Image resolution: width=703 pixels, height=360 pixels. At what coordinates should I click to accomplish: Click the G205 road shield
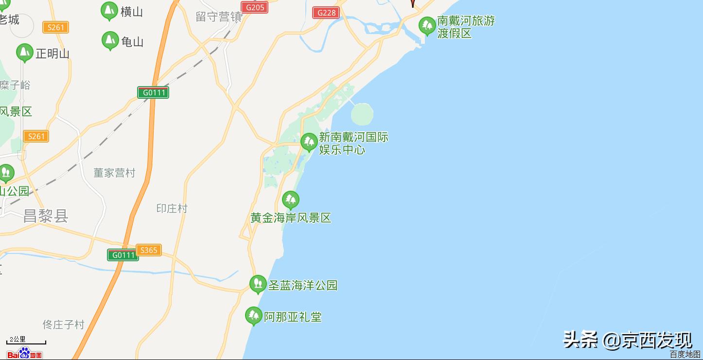coord(255,7)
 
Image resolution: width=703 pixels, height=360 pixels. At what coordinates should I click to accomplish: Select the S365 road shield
coord(148,250)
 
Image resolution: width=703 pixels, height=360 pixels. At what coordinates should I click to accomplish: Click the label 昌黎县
coord(46,216)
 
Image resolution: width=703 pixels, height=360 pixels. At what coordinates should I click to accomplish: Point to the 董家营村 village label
coord(114,173)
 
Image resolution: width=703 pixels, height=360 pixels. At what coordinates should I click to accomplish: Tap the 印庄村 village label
coord(172,208)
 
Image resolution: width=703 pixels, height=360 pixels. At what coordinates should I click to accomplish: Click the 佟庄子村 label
coord(63,324)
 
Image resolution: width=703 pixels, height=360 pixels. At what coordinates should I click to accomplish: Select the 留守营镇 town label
coord(219,17)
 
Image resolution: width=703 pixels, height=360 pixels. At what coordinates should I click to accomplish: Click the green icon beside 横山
coord(109,10)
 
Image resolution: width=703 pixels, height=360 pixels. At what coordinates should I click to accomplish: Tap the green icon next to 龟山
coord(110,40)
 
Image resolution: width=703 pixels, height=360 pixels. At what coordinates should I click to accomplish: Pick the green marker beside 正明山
coord(24,53)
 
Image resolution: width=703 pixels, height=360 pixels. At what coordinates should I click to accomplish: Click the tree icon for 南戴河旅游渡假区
coord(427,25)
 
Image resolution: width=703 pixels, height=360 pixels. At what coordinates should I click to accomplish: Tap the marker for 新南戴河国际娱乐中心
coord(309,142)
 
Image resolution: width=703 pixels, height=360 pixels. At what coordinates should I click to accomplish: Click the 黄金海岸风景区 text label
coord(291,217)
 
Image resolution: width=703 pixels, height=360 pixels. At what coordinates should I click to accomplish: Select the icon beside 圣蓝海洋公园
coord(258,284)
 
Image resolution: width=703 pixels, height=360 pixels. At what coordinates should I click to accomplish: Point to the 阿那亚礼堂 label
coord(293,317)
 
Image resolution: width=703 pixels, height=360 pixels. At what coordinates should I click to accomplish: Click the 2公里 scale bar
coord(26,341)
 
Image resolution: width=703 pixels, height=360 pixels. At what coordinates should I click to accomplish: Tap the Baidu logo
coord(24,353)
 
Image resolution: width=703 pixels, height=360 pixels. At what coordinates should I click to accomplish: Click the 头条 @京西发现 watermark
coord(627,340)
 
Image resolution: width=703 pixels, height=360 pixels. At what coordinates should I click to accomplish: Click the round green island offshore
coord(362,114)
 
